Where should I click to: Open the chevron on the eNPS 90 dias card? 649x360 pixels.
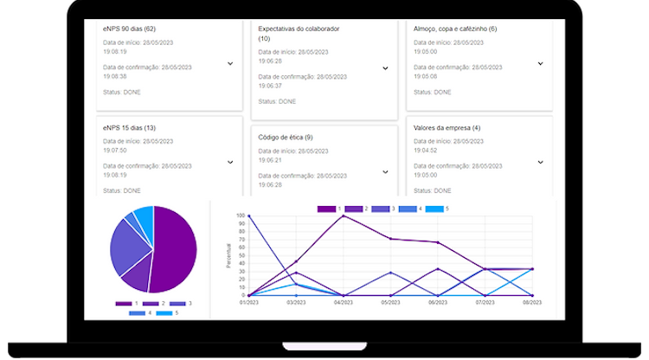coord(230,63)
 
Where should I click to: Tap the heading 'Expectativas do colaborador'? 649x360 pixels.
coord(299,29)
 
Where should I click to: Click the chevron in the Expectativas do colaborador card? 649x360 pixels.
coord(385,73)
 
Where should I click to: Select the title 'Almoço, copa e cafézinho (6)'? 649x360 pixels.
coord(455,29)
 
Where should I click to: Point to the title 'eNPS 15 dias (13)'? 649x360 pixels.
coord(129,128)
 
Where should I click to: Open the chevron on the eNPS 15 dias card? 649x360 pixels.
coord(230,162)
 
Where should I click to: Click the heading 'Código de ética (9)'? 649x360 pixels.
coord(286,137)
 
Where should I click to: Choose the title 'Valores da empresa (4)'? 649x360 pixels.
coord(447,128)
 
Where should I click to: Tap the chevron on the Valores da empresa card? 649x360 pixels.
coord(540,162)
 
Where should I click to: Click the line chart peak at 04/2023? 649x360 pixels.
coord(344,215)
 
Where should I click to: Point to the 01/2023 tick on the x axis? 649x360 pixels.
coord(249,302)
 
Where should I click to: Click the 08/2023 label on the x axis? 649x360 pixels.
coord(531,302)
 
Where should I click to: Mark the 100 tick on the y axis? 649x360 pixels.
coord(241,215)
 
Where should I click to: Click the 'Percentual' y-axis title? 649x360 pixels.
coord(229,255)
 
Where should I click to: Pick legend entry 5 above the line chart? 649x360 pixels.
coord(438,209)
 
